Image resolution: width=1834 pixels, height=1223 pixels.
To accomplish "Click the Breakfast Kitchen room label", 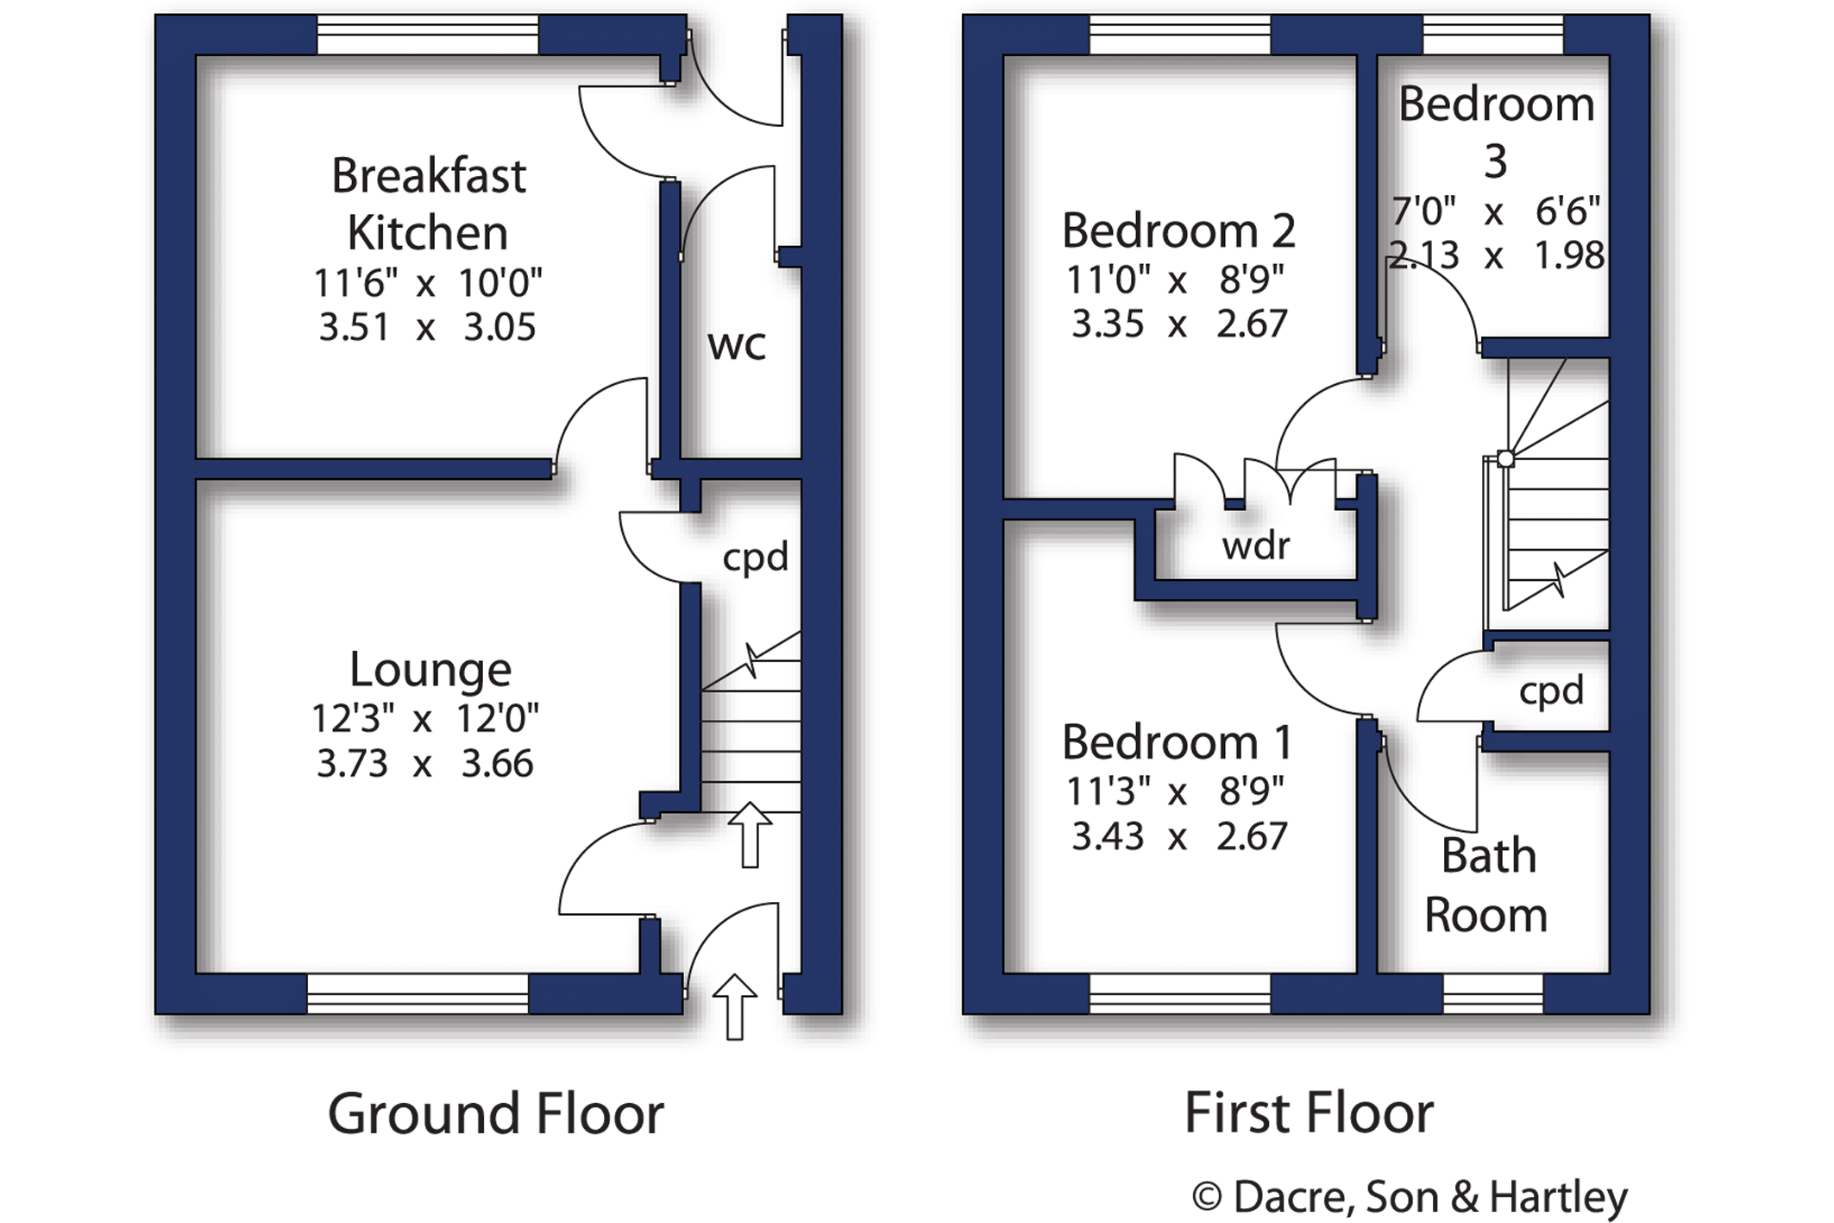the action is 429,205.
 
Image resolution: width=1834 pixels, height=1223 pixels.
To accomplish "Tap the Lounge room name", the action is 430,670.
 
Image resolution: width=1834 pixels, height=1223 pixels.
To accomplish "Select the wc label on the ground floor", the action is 737,345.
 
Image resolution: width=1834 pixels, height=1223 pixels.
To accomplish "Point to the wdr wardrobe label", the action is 1256,545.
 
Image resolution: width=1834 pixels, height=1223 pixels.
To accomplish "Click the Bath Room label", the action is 1486,886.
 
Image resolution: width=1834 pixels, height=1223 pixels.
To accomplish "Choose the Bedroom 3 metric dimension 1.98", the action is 1569,255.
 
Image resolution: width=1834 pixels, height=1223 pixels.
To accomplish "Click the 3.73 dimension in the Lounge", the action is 352,764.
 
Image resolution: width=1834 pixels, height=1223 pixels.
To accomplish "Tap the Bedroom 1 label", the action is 1178,742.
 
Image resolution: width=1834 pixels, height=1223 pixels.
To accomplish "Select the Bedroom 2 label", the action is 1178,230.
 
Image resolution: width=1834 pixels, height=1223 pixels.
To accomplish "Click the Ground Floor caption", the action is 496,1113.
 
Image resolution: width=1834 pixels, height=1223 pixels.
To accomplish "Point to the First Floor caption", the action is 1309,1113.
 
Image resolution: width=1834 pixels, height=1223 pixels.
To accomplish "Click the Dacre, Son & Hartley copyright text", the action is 1410,1197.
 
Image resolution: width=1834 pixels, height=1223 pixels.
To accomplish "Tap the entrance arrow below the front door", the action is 735,1006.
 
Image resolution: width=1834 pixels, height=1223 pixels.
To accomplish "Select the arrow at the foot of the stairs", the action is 750,835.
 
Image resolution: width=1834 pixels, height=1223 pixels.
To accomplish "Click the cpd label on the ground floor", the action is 756,558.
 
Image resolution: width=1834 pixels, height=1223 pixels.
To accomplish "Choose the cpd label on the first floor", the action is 1552,690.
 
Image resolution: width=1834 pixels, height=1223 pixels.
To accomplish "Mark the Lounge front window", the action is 418,993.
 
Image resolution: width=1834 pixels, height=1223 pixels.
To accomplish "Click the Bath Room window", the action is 1493,993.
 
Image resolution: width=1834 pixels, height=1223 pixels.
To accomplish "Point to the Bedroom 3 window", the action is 1493,35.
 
